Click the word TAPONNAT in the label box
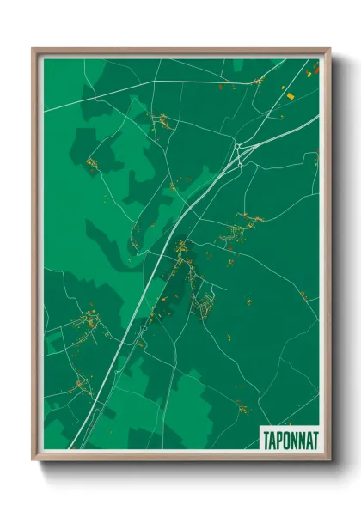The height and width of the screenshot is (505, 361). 289,438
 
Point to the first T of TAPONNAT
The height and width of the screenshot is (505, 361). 263,438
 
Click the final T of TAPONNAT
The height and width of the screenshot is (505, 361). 315,438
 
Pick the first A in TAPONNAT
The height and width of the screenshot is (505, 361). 269,438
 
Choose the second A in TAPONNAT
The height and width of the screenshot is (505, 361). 308,438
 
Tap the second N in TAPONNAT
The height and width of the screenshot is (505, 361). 300,438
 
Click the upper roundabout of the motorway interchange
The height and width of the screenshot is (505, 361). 238,147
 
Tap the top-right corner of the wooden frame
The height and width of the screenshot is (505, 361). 329,49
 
